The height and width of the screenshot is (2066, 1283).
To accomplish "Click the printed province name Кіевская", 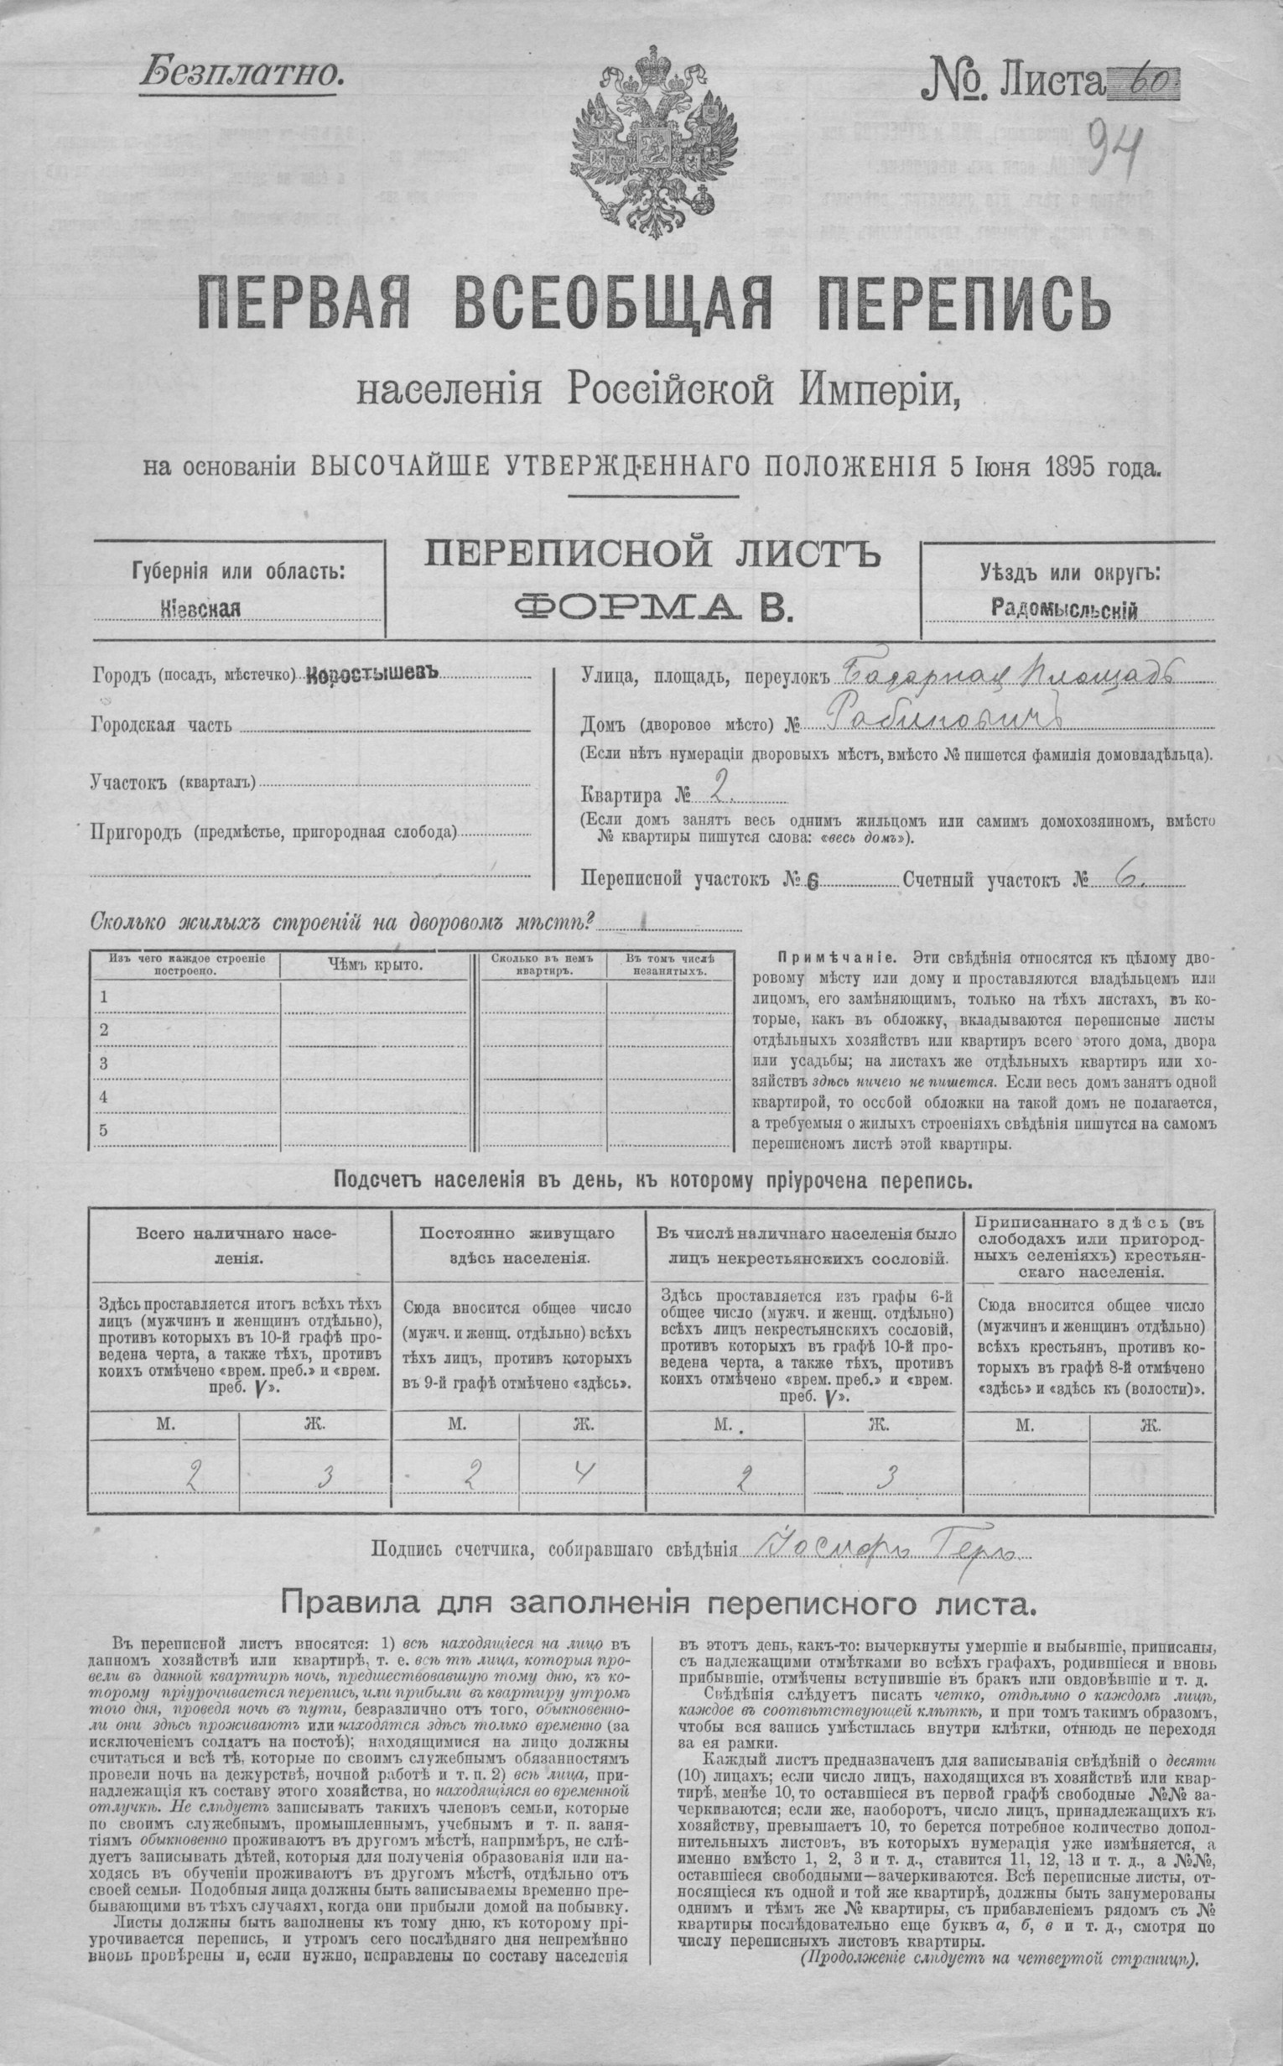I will click(x=200, y=609).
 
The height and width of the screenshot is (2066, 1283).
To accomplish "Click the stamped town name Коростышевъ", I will click(x=373, y=674).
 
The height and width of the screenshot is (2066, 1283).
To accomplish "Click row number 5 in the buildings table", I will click(x=103, y=1130).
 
